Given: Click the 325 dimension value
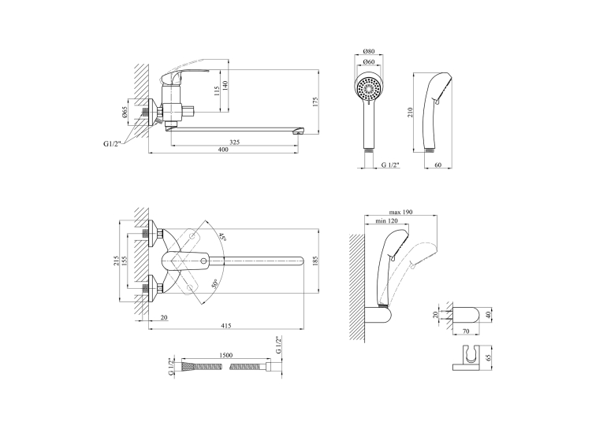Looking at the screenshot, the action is [x=234, y=142].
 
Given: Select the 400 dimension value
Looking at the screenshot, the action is [x=223, y=150].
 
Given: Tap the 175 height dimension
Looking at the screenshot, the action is [x=315, y=102].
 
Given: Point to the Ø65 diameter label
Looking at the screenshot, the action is [x=125, y=112].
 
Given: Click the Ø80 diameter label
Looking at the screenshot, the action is [x=369, y=52].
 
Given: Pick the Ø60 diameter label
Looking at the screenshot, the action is [x=369, y=62].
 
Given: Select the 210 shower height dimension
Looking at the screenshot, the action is [x=411, y=113].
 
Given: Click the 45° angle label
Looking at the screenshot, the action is [x=222, y=236].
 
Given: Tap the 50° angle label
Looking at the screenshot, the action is [x=214, y=283].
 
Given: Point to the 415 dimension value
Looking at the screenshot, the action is [x=226, y=326].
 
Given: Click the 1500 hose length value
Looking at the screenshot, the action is [x=225, y=356].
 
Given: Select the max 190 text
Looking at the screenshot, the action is [x=400, y=212].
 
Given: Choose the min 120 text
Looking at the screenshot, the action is [x=387, y=221].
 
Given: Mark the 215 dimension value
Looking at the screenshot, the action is [x=117, y=261].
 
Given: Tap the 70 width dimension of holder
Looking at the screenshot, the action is [x=466, y=331].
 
